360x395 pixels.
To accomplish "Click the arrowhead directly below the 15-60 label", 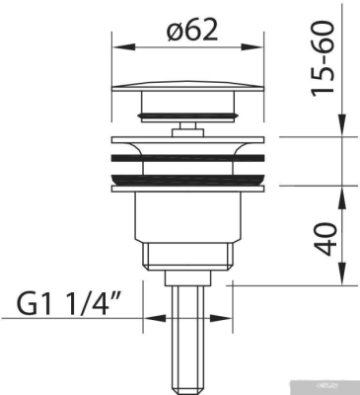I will (342, 126).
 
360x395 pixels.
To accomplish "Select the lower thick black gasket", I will (187, 178).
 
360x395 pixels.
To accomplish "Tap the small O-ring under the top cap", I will (187, 116).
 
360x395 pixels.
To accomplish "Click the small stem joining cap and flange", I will (187, 127).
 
